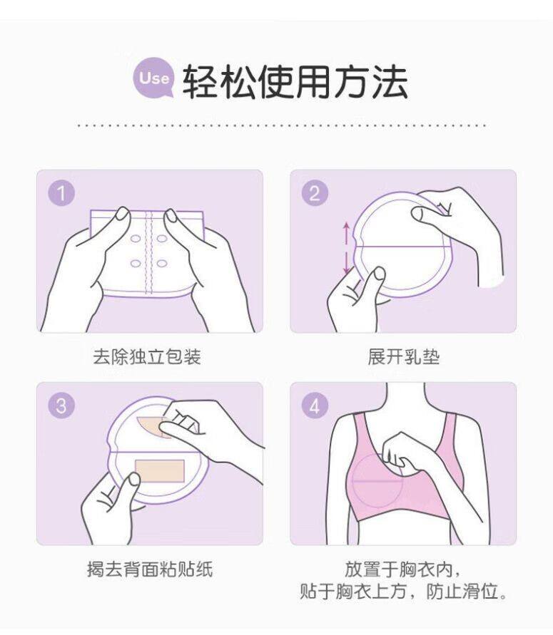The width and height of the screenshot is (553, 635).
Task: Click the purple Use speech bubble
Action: tap(153, 78)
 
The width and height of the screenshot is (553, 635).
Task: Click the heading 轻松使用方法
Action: tap(295, 82)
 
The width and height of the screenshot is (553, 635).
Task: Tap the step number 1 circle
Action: tap(61, 193)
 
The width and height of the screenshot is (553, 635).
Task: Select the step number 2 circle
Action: tap(315, 193)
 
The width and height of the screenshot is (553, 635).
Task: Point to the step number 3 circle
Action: tap(61, 406)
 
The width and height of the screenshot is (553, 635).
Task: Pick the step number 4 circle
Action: tap(315, 406)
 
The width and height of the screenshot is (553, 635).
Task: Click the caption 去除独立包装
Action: tap(147, 357)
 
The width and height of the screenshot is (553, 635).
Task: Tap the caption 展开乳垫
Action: tap(404, 357)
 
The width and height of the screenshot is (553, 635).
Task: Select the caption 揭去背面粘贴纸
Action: tap(150, 569)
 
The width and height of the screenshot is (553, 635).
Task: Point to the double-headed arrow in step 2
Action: tap(346, 247)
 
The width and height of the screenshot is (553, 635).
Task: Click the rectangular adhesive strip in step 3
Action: tap(160, 471)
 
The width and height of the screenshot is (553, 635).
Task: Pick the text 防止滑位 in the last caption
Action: tap(462, 592)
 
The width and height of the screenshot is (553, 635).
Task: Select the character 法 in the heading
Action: tap(390, 82)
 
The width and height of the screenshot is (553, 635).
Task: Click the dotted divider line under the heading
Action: tap(281, 125)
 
